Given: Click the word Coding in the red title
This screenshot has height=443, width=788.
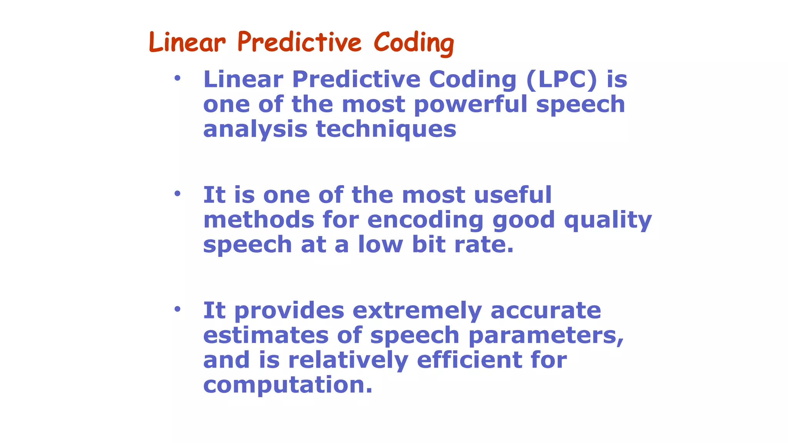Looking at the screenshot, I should (x=414, y=43).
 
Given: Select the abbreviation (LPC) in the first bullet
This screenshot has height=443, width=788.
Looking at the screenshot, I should (x=561, y=80).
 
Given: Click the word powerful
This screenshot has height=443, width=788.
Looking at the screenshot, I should (x=471, y=105).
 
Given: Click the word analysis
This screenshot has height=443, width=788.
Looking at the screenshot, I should (x=255, y=130).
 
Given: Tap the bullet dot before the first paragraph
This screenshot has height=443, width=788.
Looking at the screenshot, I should (x=177, y=78).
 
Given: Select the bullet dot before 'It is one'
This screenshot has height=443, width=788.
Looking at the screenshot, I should (x=177, y=194).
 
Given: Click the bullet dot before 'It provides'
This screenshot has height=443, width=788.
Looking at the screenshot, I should (x=177, y=309).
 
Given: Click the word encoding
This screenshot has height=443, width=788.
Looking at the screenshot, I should (x=425, y=220).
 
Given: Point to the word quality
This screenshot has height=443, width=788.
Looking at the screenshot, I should (x=608, y=221).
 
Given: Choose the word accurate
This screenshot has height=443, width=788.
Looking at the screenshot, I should (x=546, y=311).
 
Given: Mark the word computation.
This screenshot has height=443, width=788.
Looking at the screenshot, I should (x=288, y=385).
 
